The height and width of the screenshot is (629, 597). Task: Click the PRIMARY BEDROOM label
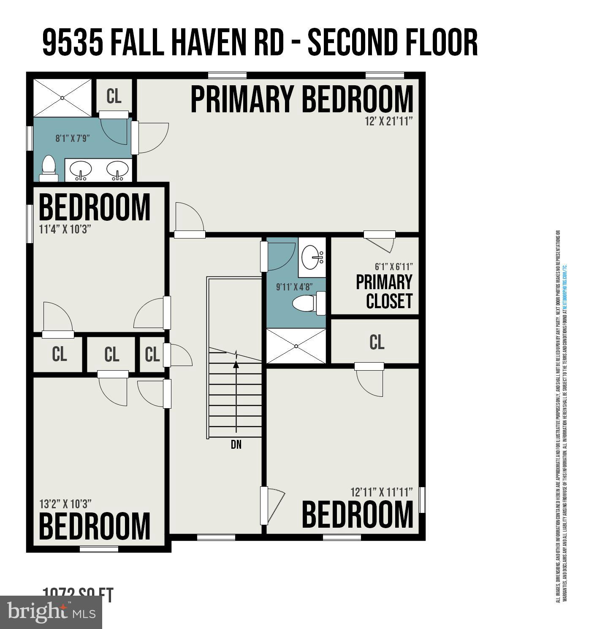coord(302,99)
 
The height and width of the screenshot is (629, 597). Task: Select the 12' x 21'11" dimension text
coord(388,122)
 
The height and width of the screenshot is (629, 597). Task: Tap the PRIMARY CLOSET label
coord(384,292)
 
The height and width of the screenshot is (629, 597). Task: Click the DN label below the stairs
coord(236,445)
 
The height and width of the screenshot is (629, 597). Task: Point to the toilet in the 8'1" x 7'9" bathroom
coord(49,169)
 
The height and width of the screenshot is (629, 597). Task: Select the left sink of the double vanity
coord(80,170)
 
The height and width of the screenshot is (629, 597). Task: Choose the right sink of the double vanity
coord(117,170)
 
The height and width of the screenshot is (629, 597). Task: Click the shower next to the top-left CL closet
coord(62,98)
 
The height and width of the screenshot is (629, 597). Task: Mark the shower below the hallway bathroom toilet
coord(296,346)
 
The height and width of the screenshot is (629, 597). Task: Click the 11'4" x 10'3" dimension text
coord(65,229)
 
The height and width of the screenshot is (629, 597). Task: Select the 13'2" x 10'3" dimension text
coord(65,504)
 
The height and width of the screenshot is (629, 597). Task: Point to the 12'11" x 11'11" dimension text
coord(381,492)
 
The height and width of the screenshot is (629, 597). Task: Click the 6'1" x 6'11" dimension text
coord(393,267)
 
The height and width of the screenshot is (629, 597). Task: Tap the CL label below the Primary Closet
coord(377,342)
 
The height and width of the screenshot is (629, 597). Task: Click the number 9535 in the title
coord(73,43)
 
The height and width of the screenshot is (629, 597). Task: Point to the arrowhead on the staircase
coord(236,364)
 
